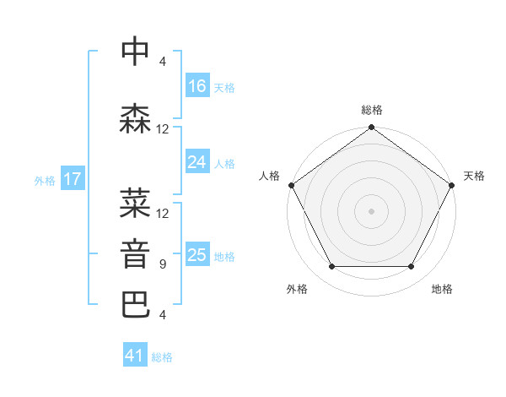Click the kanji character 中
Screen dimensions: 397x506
(135, 52)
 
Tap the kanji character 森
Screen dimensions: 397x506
(135, 119)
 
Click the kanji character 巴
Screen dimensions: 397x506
(135, 305)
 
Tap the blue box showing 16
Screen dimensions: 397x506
(197, 86)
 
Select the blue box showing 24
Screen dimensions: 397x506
(197, 162)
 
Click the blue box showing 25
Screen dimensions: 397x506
(197, 255)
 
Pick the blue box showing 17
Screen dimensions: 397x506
(73, 179)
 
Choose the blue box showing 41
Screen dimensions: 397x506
(135, 356)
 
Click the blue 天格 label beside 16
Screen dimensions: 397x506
(224, 87)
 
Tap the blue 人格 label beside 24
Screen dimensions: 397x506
(224, 163)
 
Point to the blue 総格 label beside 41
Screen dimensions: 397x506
(162, 356)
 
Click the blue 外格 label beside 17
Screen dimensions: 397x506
(45, 180)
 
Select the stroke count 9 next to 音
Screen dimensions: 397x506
(162, 264)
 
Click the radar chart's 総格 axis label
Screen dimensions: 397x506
(372, 110)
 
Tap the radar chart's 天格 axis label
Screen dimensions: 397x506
(474, 176)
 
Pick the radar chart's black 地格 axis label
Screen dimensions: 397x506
(442, 289)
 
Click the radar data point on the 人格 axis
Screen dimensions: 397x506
(291, 185)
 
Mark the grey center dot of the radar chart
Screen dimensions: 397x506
(372, 210)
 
